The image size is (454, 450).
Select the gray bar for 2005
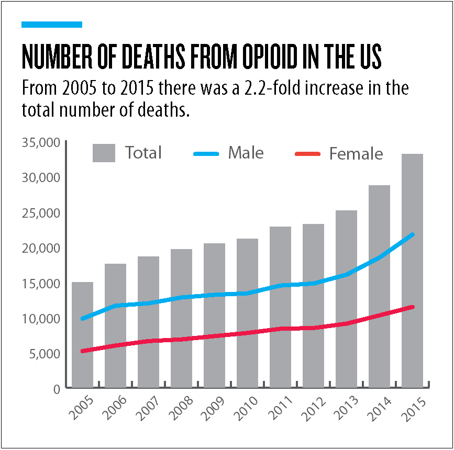click(x=82, y=335)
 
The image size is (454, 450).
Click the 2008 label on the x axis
click(x=182, y=410)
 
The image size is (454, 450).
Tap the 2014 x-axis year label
click(x=380, y=410)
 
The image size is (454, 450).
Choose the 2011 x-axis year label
click(x=281, y=410)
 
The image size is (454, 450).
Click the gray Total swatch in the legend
click(x=104, y=153)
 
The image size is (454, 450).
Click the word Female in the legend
click(x=356, y=154)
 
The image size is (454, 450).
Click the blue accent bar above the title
click(x=52, y=24)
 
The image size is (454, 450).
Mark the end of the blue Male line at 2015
click(x=412, y=234)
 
